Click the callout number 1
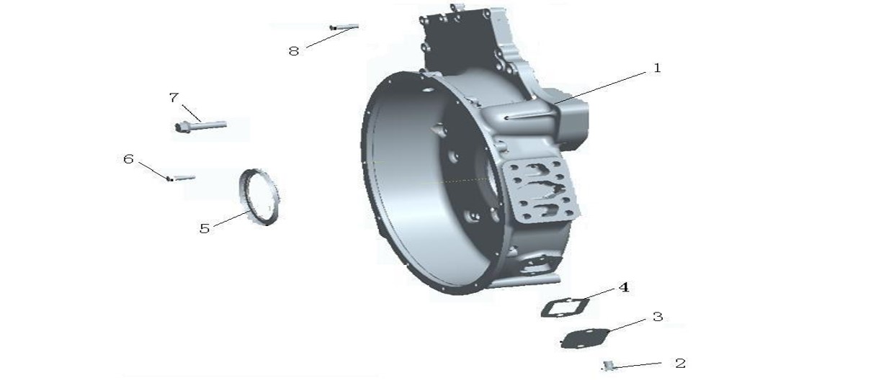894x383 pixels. pyautogui.click(x=657, y=68)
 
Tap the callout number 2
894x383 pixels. pyautogui.click(x=681, y=363)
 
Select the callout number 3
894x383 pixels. pyautogui.click(x=658, y=317)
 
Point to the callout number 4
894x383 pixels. pyautogui.click(x=624, y=287)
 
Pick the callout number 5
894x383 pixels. pyautogui.click(x=205, y=229)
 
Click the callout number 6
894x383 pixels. pyautogui.click(x=128, y=159)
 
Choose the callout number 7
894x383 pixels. pyautogui.click(x=174, y=97)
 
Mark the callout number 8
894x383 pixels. pyautogui.click(x=294, y=51)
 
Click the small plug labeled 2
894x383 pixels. pyautogui.click(x=609, y=366)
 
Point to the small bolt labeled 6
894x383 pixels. pyautogui.click(x=181, y=178)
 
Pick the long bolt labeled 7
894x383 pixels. pyautogui.click(x=201, y=126)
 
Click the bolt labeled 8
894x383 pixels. pyautogui.click(x=344, y=27)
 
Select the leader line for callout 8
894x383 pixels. pyautogui.click(x=331, y=37)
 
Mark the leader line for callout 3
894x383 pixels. pyautogui.click(x=627, y=325)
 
